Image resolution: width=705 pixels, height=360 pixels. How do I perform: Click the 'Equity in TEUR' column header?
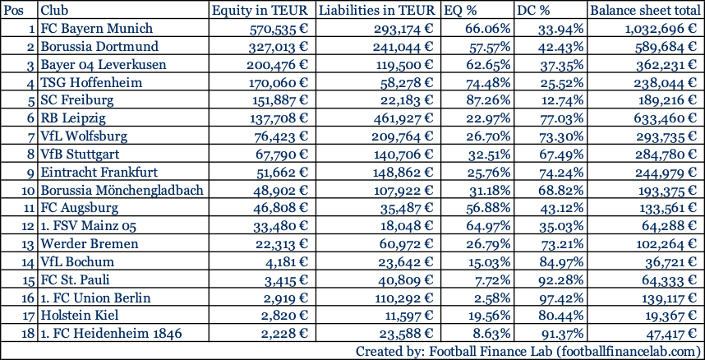[x=260, y=11]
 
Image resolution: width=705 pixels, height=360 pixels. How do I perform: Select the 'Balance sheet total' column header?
[x=645, y=11]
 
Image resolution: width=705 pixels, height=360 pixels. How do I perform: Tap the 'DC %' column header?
[x=535, y=11]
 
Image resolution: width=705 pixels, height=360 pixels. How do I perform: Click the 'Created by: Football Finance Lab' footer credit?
[x=528, y=351]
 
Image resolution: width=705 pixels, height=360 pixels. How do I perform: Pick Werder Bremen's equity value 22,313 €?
[x=280, y=244]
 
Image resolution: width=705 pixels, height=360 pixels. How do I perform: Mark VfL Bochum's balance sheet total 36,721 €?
[x=667, y=262]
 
